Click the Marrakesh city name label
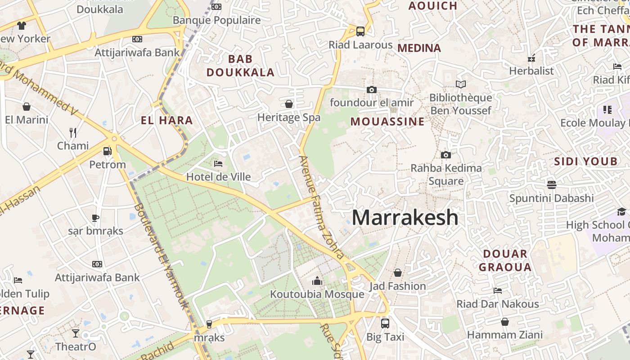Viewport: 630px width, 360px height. point(405,218)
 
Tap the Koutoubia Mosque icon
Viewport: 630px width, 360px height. point(317,281)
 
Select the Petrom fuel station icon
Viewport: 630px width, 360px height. point(107,152)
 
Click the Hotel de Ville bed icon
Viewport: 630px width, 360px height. point(218,164)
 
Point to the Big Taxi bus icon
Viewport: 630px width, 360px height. point(385,323)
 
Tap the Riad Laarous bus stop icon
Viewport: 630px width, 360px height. point(360,31)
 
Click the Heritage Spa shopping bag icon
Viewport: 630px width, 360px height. point(289,104)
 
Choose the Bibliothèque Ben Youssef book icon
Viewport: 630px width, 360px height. point(460,84)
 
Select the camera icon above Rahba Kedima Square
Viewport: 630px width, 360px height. point(446,155)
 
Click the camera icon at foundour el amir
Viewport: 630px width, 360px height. point(371,90)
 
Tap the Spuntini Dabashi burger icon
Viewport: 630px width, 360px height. point(552,185)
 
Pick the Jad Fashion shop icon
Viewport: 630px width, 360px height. point(398,273)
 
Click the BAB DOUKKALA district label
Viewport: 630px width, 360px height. point(240,65)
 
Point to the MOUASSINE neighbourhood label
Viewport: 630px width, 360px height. point(387,121)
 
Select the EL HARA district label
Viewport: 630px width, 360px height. point(166,120)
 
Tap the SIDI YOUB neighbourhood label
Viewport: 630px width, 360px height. point(585,162)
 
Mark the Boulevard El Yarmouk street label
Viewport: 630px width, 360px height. point(161,256)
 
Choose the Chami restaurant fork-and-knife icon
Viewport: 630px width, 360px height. point(73,132)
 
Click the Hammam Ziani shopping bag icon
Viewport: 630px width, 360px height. point(505,322)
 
